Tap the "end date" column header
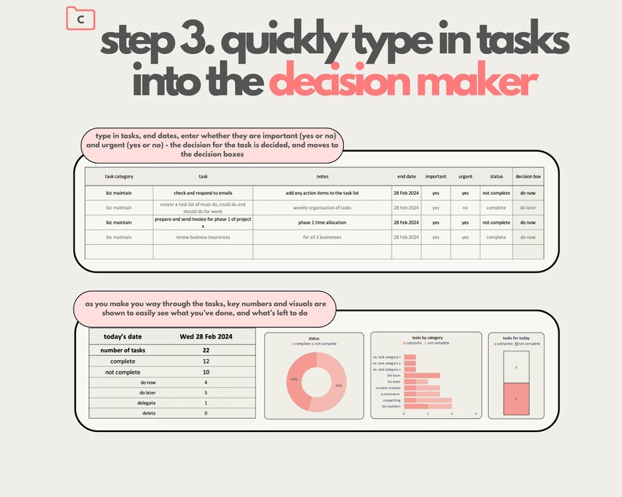(406, 177)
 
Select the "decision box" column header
(527, 177)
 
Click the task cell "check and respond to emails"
(202, 192)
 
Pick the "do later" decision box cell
(527, 207)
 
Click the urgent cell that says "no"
(465, 207)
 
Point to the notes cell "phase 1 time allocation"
(321, 222)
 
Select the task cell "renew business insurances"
(202, 236)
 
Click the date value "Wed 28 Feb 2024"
(207, 337)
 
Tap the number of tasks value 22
(206, 350)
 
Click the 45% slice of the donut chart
(297, 380)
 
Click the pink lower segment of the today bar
(515, 398)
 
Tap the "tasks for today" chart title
(515, 338)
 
